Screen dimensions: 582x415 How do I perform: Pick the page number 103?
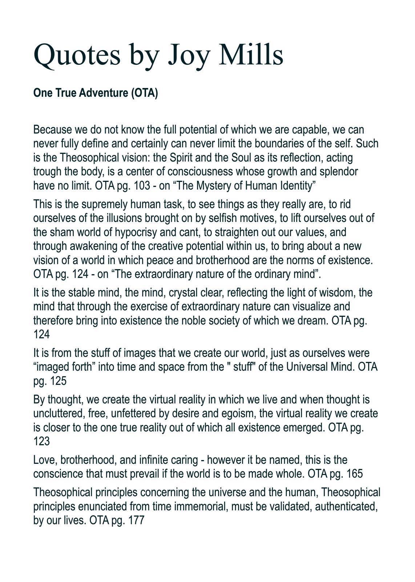point(142,186)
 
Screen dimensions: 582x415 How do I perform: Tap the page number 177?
point(136,520)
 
